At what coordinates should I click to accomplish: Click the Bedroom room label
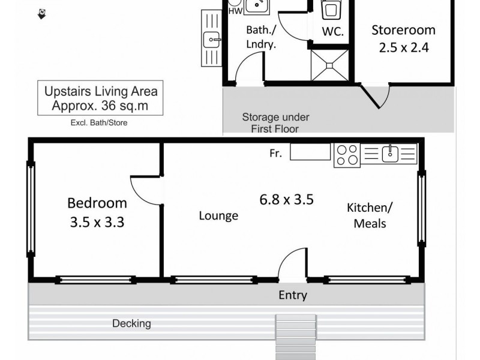97,203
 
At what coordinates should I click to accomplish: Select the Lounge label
218,216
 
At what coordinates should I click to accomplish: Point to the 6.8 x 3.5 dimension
286,199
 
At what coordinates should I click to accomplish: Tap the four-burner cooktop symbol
346,155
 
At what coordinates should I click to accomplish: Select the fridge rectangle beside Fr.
310,152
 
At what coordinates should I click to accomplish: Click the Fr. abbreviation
276,154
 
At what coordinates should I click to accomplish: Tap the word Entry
293,295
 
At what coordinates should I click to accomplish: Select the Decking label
131,323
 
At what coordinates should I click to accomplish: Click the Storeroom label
403,30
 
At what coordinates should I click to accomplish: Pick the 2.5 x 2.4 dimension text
403,47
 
